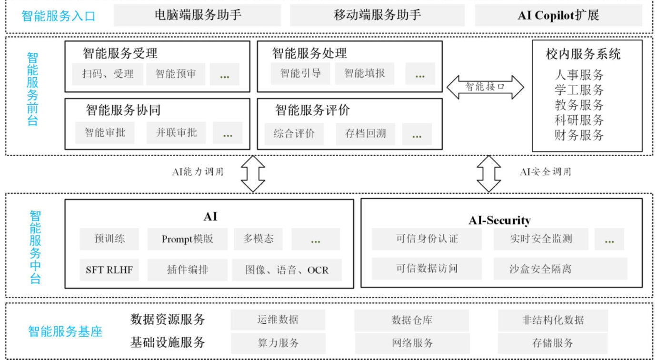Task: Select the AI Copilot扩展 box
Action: click(558, 15)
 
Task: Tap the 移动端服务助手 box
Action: click(377, 15)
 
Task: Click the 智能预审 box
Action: click(175, 74)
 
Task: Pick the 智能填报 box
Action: click(364, 73)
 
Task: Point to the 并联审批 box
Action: click(176, 132)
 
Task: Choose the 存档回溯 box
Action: click(365, 134)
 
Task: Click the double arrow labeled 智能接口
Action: click(485, 87)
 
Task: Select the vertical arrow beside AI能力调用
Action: click(252, 173)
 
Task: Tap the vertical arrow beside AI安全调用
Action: click(489, 173)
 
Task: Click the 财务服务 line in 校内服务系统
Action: click(578, 135)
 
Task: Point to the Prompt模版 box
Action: click(187, 239)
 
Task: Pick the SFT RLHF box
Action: click(109, 270)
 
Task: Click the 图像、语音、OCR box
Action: click(287, 270)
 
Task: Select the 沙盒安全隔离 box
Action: click(560, 269)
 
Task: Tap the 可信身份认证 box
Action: click(427, 239)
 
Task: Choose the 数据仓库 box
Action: click(411, 320)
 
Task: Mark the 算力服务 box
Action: click(278, 343)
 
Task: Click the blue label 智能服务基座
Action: click(65, 331)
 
